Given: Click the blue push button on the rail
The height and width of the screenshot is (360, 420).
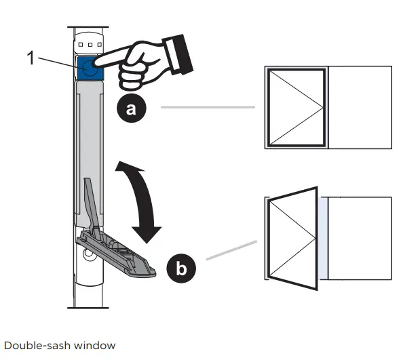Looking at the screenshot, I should (89, 68).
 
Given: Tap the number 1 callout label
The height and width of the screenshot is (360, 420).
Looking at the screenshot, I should (31, 58).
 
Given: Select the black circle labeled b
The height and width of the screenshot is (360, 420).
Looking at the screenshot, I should (180, 268).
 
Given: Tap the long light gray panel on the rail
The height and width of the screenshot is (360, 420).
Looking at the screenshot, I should (89, 149).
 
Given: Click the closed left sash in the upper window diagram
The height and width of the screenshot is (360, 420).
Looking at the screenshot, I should (297, 106).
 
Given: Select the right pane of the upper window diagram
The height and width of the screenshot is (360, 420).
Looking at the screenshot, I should (360, 106).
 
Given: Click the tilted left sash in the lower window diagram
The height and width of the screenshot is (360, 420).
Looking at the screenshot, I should (293, 237).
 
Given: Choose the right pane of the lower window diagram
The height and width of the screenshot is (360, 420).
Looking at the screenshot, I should (360, 237).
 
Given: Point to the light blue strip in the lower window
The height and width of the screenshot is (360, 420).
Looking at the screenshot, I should (323, 237).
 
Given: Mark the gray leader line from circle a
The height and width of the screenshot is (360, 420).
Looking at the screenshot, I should (207, 107).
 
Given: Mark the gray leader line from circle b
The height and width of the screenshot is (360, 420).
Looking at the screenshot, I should (231, 249).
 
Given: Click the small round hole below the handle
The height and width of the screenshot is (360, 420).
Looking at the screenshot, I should (89, 256).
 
